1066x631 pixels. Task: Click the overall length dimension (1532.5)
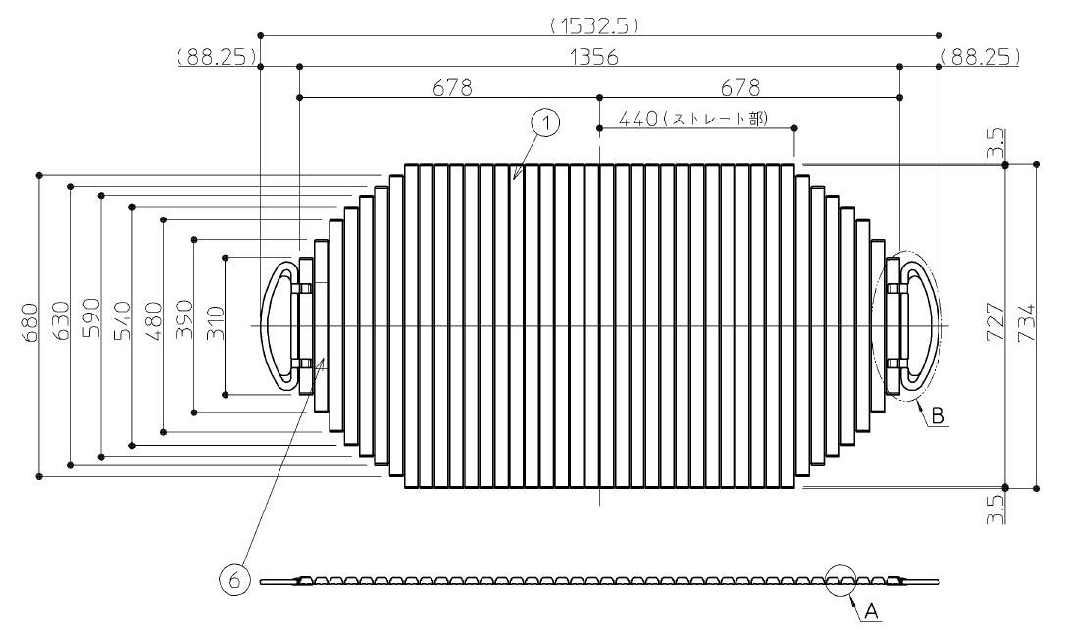pos(595,26)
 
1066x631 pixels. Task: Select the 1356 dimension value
pos(595,57)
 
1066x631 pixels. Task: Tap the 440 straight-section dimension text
pos(692,119)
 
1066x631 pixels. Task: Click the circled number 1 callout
pos(546,122)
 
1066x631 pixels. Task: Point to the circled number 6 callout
pos(233,581)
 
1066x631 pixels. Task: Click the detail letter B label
pos(938,415)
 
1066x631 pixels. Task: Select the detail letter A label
pos(871,612)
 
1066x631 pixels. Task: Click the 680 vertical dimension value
pos(30,323)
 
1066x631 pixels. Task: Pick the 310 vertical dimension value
pos(215,323)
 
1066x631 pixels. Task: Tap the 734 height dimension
pos(1026,322)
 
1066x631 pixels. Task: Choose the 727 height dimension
pos(995,322)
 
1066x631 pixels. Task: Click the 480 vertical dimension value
pos(154,321)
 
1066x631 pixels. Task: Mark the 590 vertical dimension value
pos(92,317)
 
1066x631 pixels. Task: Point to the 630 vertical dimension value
pos(61,321)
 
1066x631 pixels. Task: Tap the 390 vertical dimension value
pos(184,320)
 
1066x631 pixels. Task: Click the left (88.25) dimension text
pos(216,57)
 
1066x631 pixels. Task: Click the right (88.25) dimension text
pos(981,57)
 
